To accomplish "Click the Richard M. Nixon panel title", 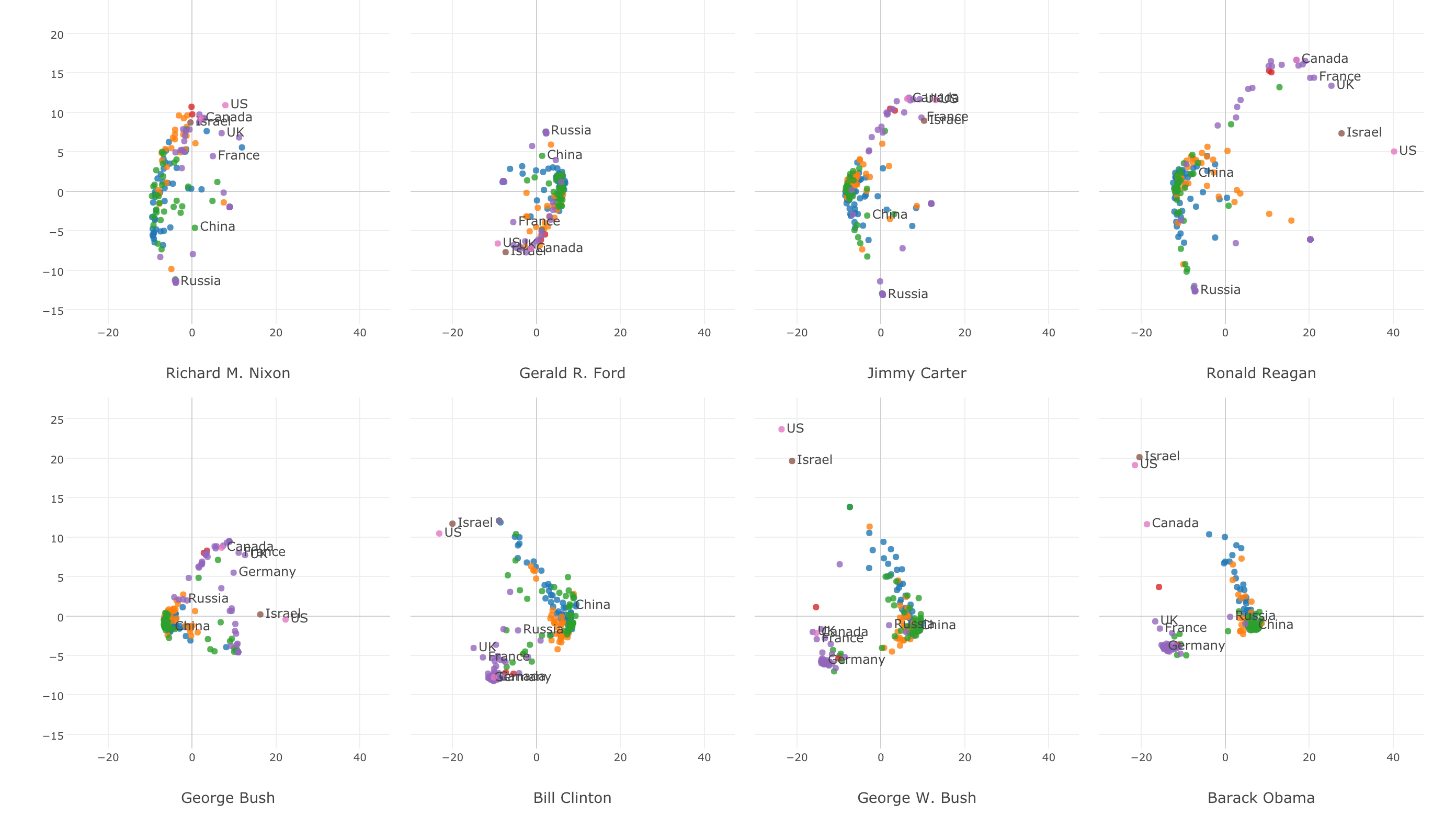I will pos(228,373).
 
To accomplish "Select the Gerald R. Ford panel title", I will pos(572,373).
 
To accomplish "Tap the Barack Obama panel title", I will pos(1260,798).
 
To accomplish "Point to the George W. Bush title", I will pos(916,798).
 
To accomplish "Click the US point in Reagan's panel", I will pos(1394,152).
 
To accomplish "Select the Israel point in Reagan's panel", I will pos(1341,133).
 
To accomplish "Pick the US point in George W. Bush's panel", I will pos(781,429).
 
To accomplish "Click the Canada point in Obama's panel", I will pos(1147,524).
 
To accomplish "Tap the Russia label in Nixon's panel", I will pos(201,281).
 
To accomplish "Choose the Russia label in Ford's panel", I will pos(571,131).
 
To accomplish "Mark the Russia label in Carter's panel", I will pos(908,294).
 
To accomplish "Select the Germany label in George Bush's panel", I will pos(267,572).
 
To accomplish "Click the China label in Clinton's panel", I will pos(593,605).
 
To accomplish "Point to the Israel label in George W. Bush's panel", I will pos(814,460).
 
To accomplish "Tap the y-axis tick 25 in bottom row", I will pos(57,420).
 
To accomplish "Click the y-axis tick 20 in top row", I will pos(57,35).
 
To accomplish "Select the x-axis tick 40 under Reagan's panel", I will pos(1393,333).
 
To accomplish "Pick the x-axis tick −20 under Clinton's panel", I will pos(452,757).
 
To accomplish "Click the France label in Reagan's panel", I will pos(1339,76).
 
